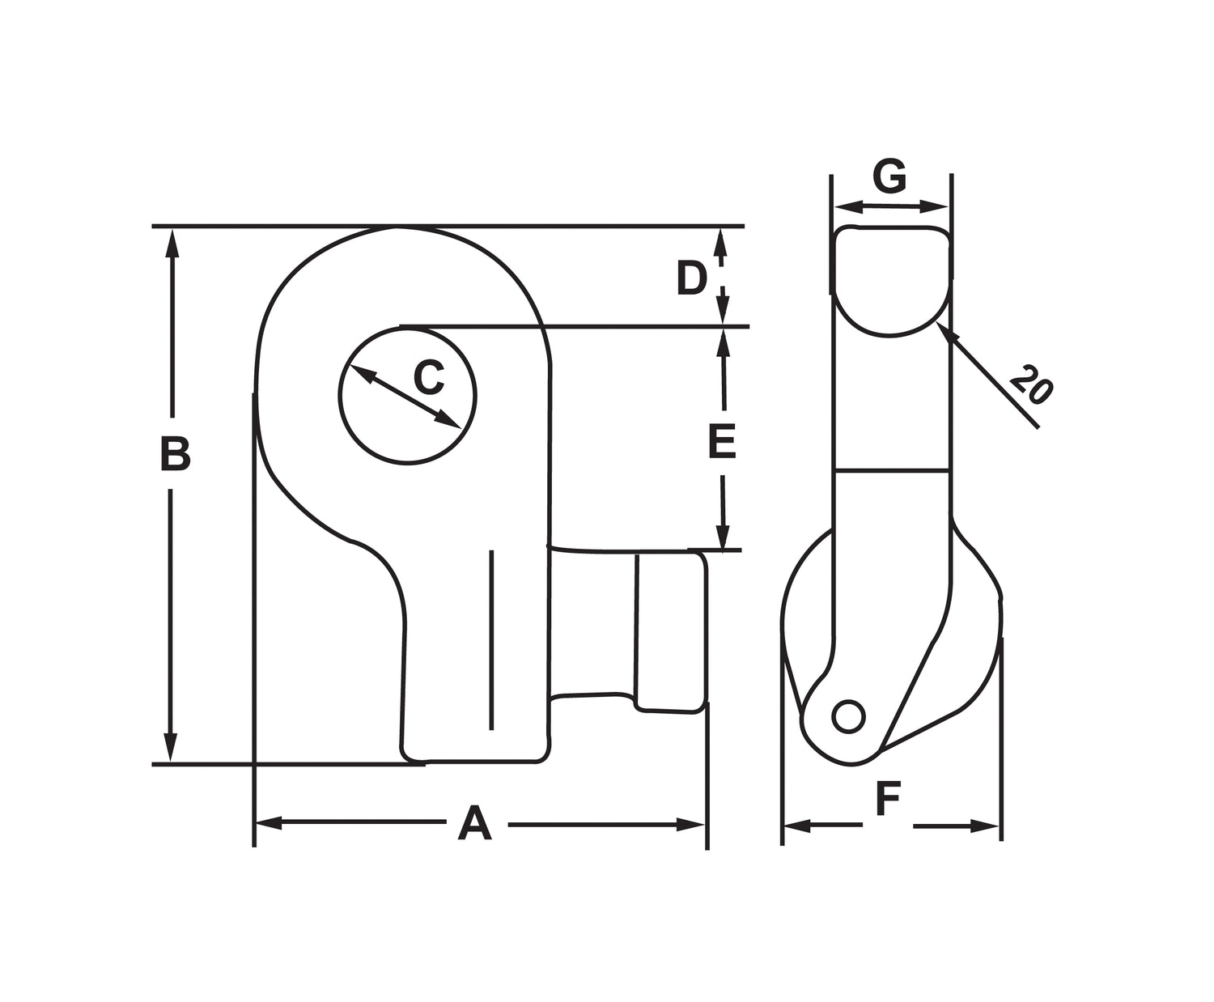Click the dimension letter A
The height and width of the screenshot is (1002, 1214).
pyautogui.click(x=474, y=824)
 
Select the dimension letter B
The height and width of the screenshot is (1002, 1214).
pyautogui.click(x=174, y=455)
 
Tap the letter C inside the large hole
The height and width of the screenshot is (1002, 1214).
pyautogui.click(x=429, y=376)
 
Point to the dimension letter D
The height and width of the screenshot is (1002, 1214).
pyautogui.click(x=692, y=279)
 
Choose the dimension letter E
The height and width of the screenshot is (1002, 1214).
pyautogui.click(x=722, y=442)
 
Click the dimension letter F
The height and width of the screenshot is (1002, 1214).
pyautogui.click(x=888, y=800)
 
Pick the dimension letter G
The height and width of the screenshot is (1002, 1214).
pyautogui.click(x=889, y=177)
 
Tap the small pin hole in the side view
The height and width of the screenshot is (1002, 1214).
pyautogui.click(x=848, y=717)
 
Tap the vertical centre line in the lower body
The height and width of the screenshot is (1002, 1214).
pyautogui.click(x=490, y=639)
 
